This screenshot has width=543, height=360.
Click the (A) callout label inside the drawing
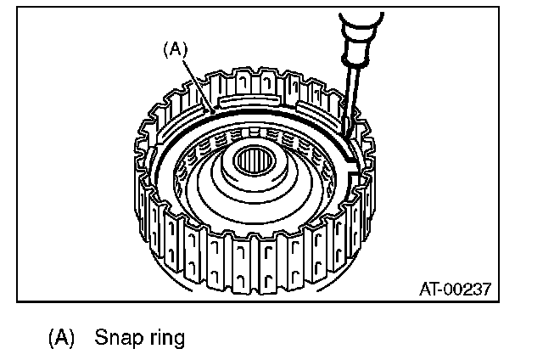(173, 50)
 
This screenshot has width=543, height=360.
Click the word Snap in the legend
(116, 338)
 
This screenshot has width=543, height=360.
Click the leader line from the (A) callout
(194, 82)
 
